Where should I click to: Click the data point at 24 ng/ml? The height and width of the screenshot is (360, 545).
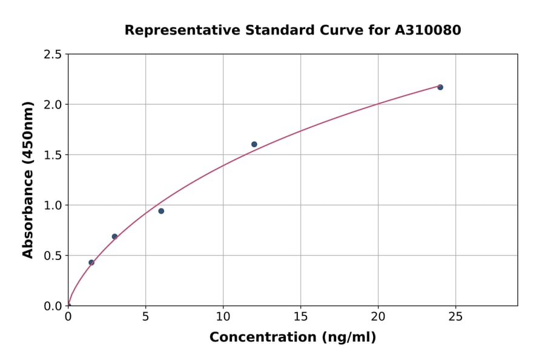tap(440, 87)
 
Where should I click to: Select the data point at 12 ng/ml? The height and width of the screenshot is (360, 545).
tap(254, 144)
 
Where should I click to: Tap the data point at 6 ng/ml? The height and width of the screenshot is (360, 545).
tap(161, 211)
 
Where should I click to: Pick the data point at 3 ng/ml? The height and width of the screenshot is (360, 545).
tap(114, 236)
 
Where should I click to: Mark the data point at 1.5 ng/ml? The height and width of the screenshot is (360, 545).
tap(91, 262)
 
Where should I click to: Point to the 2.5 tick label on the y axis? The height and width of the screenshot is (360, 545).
tap(53, 55)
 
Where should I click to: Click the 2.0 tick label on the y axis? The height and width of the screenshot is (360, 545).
tap(53, 105)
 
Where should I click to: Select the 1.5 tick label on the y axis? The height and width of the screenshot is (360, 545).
tap(53, 155)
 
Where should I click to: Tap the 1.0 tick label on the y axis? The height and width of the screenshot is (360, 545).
tap(53, 205)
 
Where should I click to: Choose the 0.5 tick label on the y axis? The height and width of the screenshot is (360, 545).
tap(53, 256)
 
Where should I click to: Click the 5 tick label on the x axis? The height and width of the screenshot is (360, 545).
tap(145, 316)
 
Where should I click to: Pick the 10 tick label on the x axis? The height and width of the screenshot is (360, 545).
tap(223, 316)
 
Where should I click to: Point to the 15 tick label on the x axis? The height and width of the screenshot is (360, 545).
tap(300, 316)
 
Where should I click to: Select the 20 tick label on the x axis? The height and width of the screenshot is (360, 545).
tap(378, 316)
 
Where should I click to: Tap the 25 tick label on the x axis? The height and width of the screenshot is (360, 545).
tap(455, 316)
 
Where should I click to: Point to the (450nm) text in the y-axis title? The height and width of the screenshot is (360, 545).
tap(28, 140)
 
